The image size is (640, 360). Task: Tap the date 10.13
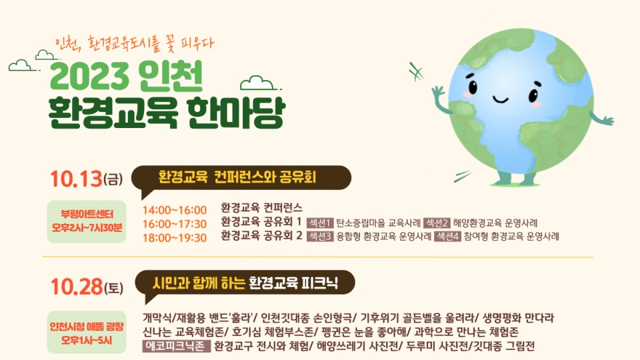pyautogui.click(x=76, y=179)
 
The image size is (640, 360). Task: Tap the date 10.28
pyautogui.click(x=77, y=287)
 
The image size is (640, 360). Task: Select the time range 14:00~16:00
pyautogui.click(x=174, y=210)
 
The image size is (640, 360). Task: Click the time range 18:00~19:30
pyautogui.click(x=174, y=237)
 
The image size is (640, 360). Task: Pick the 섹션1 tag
pyautogui.click(x=320, y=223)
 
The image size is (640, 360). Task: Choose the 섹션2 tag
pyautogui.click(x=437, y=223)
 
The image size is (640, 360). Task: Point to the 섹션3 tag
pyautogui.click(x=320, y=236)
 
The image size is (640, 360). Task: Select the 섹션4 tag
pyautogui.click(x=447, y=236)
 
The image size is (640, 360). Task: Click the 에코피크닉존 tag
pyautogui.click(x=176, y=346)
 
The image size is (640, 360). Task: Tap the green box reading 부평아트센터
pyautogui.click(x=87, y=221)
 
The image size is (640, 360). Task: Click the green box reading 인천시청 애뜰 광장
pyautogui.click(x=87, y=332)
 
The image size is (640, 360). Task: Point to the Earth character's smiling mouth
pyautogui.click(x=500, y=99)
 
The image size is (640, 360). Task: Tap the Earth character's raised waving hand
pyautogui.click(x=438, y=92)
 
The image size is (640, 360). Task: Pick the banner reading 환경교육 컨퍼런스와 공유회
pyautogui.click(x=241, y=178)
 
